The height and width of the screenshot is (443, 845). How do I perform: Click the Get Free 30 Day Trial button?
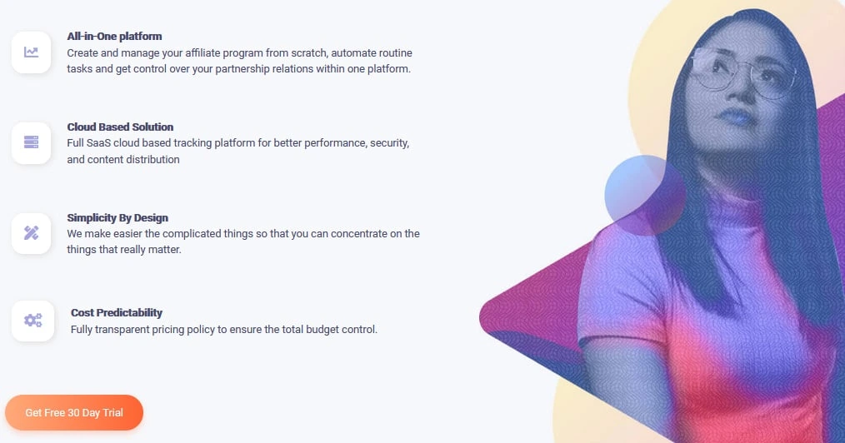(x=74, y=413)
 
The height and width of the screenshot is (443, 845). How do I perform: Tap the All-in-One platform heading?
(x=114, y=36)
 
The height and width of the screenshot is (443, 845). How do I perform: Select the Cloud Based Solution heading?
(x=120, y=127)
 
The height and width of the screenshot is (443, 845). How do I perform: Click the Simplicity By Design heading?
(x=117, y=217)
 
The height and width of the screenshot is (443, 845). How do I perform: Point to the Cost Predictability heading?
(x=117, y=313)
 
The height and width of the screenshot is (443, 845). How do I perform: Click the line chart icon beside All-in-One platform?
(x=32, y=52)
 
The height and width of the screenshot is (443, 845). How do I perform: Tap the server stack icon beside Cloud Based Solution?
(x=32, y=142)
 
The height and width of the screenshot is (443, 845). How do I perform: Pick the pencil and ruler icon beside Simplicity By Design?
(x=32, y=233)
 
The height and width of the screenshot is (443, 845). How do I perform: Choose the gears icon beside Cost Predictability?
(x=32, y=321)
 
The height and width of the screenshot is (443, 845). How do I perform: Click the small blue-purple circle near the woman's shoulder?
(x=644, y=195)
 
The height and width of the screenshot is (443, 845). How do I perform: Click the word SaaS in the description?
(x=98, y=143)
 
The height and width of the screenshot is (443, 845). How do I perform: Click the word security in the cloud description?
(x=390, y=144)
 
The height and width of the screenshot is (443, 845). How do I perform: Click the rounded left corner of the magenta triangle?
(x=483, y=317)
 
